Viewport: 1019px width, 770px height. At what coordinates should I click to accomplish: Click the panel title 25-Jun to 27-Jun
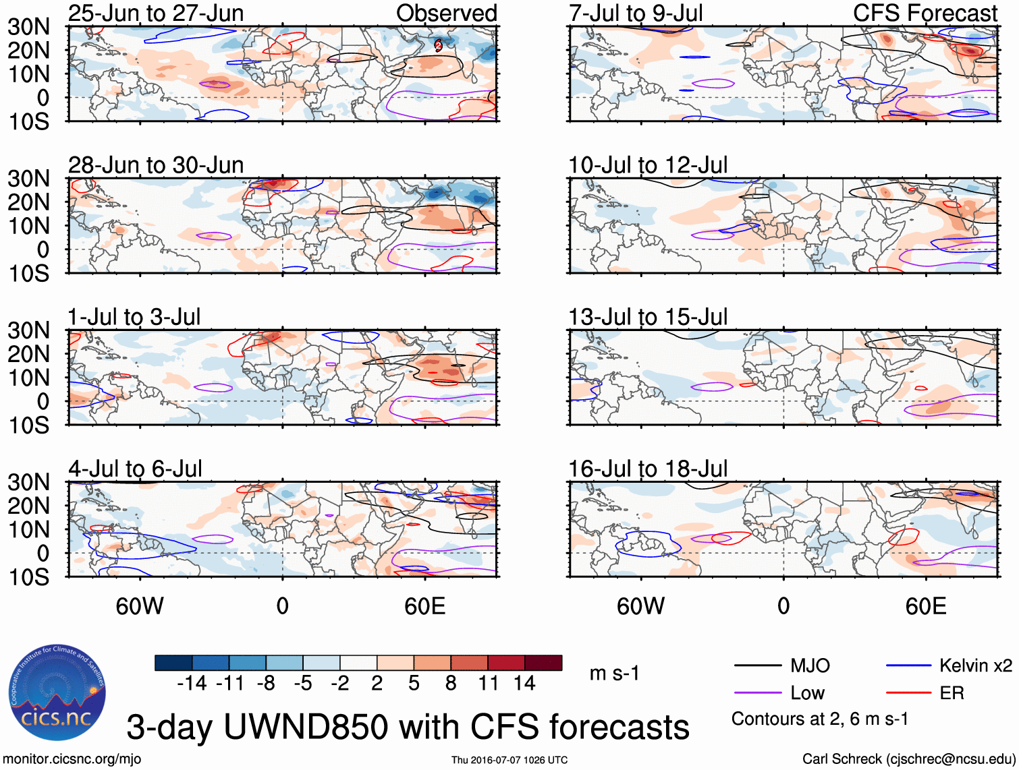point(156,13)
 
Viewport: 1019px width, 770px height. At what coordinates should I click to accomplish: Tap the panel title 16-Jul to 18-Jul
point(648,469)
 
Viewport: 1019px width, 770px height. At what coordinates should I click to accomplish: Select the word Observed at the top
point(446,13)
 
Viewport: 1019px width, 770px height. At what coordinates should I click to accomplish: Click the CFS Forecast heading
point(925,13)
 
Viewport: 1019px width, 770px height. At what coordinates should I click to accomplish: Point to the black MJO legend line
point(757,666)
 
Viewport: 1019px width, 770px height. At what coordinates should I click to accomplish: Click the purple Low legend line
point(757,693)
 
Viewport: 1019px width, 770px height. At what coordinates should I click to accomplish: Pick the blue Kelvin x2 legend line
point(908,666)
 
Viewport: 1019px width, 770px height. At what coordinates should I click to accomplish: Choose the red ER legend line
point(908,693)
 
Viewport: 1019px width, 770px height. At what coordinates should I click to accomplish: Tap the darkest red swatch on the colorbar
point(543,663)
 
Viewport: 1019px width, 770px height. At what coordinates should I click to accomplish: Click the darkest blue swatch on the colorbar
point(173,663)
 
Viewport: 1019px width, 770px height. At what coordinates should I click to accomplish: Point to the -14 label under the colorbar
point(192,684)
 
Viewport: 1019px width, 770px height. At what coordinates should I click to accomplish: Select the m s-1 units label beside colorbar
point(614,674)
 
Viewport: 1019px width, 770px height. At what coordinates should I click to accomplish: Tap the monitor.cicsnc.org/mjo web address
point(72,759)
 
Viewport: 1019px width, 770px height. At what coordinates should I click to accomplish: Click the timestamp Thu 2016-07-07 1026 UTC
point(509,760)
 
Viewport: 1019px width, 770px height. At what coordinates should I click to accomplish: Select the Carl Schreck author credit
point(908,759)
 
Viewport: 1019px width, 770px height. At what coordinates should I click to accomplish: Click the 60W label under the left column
point(140,606)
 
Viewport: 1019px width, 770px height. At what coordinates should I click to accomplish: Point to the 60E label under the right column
point(925,606)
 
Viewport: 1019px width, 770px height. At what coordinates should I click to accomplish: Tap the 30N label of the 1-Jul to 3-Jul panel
point(29,330)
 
